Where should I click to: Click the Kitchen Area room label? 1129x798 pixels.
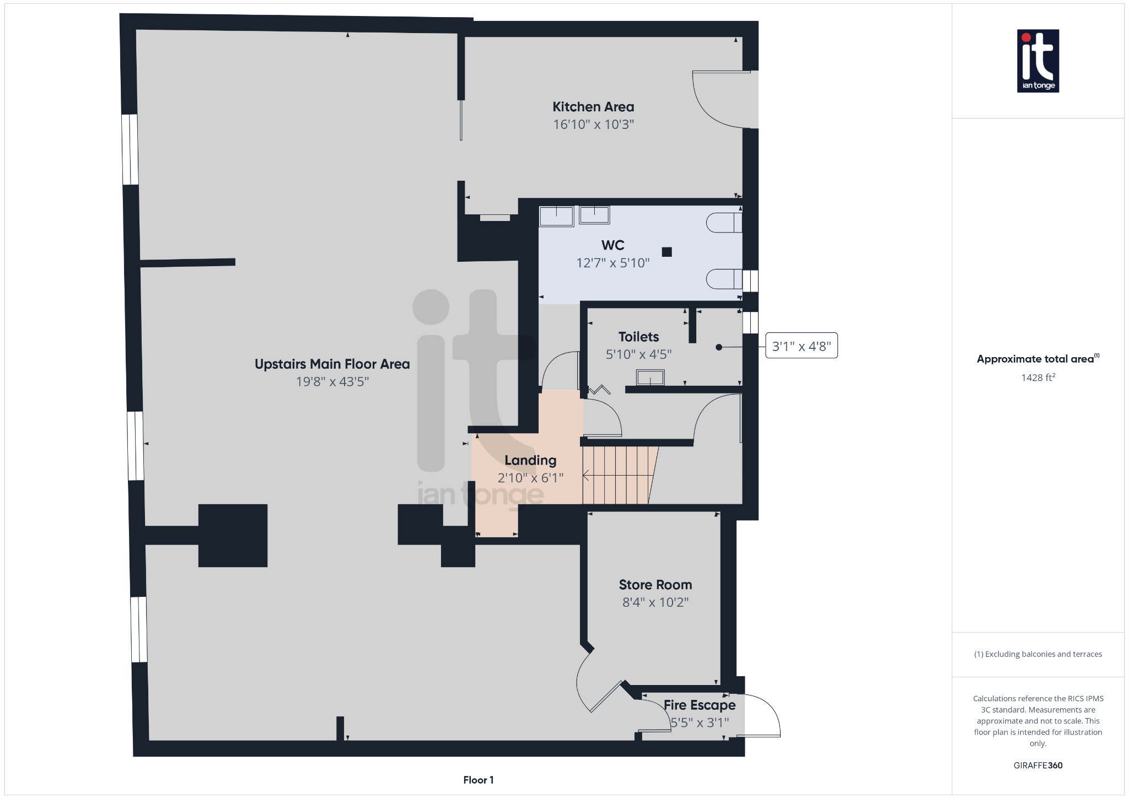tap(593, 107)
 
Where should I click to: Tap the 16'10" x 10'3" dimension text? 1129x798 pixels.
tap(593, 125)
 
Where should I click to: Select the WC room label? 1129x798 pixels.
tap(612, 245)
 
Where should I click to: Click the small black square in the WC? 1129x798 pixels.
tap(666, 252)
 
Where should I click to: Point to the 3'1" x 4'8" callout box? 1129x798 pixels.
tap(801, 346)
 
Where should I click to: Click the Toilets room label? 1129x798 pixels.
tap(638, 337)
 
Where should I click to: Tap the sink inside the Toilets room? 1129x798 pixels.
tap(650, 378)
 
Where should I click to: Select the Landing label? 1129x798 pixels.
tap(530, 460)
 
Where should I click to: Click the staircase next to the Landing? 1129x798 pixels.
tap(617, 475)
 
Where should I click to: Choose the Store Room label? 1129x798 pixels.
tap(655, 585)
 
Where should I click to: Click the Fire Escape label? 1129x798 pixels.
tap(699, 705)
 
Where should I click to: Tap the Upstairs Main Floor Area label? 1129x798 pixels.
tap(332, 364)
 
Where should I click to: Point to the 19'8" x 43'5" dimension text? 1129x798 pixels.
tap(332, 381)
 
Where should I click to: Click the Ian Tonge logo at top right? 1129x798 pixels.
tap(1037, 61)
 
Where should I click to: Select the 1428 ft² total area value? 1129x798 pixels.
tap(1037, 378)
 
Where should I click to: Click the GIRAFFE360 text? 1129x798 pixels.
tap(1037, 765)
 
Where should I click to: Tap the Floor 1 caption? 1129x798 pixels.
tap(478, 780)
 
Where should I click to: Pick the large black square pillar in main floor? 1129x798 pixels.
tap(233, 535)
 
